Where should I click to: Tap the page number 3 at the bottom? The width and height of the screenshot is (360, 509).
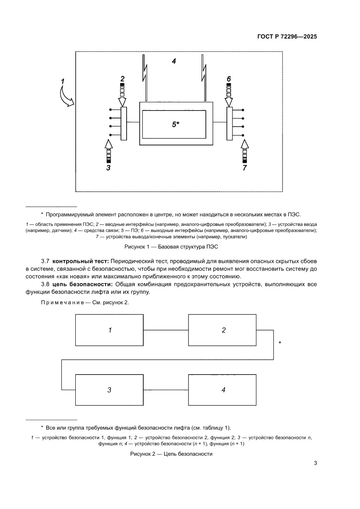(x=315, y=463)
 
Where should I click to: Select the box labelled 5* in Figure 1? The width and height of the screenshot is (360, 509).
(x=174, y=124)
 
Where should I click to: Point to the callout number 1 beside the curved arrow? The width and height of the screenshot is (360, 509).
(x=63, y=81)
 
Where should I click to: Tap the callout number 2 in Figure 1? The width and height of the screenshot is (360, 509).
(x=122, y=79)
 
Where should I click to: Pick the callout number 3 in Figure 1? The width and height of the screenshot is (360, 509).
(x=109, y=167)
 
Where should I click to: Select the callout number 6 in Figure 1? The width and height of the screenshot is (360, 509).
(x=229, y=79)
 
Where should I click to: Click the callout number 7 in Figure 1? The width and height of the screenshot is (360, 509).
(x=245, y=167)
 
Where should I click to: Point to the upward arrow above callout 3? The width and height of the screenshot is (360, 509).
(x=109, y=150)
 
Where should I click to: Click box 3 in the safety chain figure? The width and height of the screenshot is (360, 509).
(x=110, y=390)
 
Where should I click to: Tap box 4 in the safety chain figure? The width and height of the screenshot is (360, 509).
(x=223, y=390)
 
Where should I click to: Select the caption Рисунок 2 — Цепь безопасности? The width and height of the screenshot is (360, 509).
(x=171, y=454)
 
